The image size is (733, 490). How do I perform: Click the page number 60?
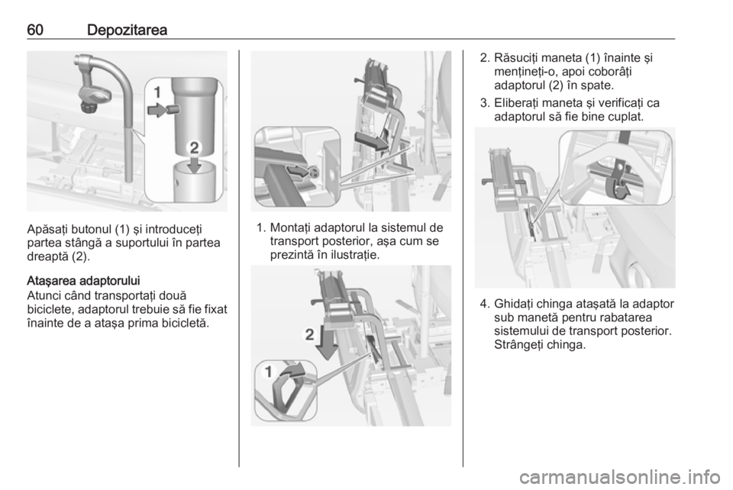click(x=35, y=30)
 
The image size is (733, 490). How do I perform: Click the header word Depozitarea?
click(x=127, y=31)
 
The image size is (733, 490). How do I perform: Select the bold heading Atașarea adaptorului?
click(x=83, y=281)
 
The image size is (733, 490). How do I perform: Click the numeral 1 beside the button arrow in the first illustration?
click(x=157, y=92)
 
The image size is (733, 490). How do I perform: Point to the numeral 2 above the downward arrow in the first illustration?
click(x=194, y=149)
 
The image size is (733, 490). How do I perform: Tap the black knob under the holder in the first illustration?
click(x=87, y=108)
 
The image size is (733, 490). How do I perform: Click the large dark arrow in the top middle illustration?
click(x=372, y=141)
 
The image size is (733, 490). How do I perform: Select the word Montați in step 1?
click(x=290, y=228)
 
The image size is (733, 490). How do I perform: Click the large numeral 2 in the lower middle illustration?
click(x=309, y=334)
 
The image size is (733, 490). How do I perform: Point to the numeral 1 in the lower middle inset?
click(x=268, y=372)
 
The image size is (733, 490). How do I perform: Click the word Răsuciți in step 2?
click(x=516, y=59)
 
